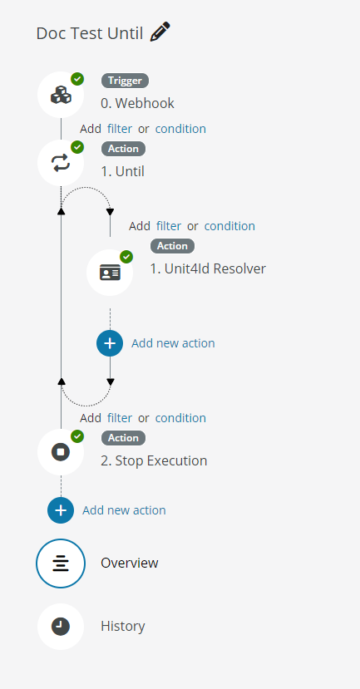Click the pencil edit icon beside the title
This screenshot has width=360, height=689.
[x=160, y=32]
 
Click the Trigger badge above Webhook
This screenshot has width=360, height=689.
[x=126, y=81]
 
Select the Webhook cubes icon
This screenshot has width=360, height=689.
[x=61, y=95]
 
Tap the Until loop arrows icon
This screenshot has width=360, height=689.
[x=61, y=163]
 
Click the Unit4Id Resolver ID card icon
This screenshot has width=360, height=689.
[x=110, y=273]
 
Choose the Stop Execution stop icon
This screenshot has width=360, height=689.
[x=61, y=452]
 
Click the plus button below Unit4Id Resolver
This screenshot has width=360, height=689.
[x=110, y=343]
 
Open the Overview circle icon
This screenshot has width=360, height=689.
[x=61, y=564]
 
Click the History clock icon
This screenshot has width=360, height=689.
[x=61, y=626]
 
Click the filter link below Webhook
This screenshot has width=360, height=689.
[x=120, y=129]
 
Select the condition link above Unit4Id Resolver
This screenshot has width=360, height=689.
[x=229, y=226]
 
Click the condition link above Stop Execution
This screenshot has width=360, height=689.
[x=180, y=418]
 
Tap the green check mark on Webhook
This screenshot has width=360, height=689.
[x=77, y=79]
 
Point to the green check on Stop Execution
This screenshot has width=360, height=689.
[x=77, y=436]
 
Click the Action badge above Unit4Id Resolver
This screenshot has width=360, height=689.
[x=172, y=246]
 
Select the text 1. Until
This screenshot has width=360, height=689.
[x=123, y=171]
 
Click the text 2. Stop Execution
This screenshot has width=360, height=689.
[x=154, y=460]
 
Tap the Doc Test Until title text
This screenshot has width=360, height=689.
[x=90, y=33]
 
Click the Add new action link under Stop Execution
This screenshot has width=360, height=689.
[x=125, y=510]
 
